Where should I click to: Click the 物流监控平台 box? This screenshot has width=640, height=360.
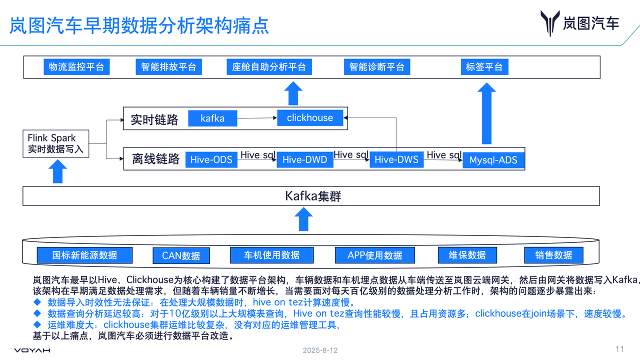(76, 67)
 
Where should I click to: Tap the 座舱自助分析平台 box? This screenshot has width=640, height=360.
(269, 67)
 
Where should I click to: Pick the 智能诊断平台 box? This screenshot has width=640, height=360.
(377, 67)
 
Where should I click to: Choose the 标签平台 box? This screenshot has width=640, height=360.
(484, 67)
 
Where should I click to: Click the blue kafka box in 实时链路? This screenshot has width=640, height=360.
(212, 118)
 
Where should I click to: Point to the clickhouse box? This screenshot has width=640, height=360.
(310, 118)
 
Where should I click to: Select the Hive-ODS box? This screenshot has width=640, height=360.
(211, 159)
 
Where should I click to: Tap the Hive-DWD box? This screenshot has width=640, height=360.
(304, 159)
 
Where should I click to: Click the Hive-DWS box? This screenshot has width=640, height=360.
(396, 159)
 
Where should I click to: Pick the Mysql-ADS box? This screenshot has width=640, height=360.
(493, 160)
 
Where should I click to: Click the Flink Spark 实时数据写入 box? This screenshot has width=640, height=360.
(55, 143)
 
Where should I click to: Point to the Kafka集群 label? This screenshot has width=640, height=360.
(313, 196)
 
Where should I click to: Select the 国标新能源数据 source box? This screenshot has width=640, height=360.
(84, 255)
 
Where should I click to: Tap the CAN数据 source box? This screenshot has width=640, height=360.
(181, 256)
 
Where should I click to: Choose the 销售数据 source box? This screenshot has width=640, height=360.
(553, 255)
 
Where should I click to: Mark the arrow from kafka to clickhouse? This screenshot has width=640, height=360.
(257, 118)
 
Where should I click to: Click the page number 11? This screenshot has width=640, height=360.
(620, 349)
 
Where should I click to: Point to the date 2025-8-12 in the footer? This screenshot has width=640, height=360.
(320, 350)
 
